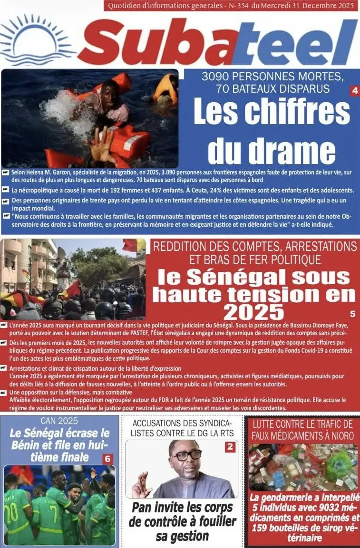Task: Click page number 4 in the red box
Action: (354, 90)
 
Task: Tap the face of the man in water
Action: (110, 90)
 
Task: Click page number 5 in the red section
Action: (352, 314)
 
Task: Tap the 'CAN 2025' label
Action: (59, 421)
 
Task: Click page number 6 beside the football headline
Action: (107, 459)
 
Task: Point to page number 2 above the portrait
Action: (230, 446)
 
